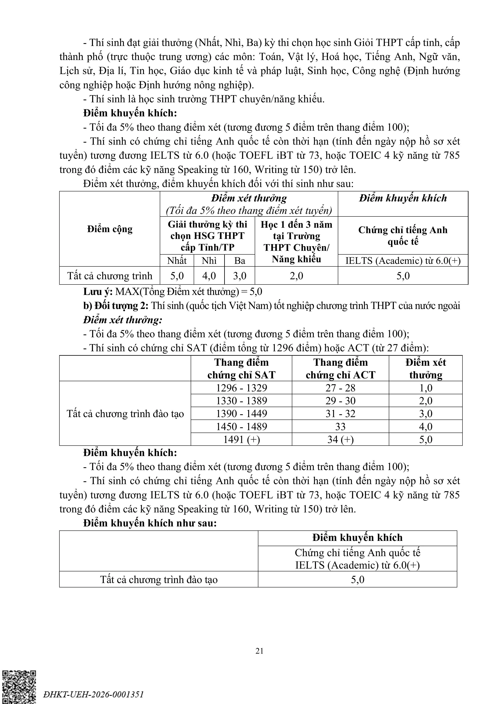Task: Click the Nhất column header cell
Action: pos(177,261)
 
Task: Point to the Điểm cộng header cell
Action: pos(110,229)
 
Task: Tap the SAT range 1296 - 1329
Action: pos(241,388)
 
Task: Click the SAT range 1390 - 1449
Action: pos(241,414)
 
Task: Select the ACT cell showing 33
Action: pos(340,427)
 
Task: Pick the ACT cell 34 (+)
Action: pos(340,439)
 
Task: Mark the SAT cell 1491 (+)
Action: pos(241,439)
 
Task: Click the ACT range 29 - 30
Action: pos(340,401)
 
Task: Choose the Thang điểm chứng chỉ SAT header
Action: pos(241,369)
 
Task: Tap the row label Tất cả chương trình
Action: pos(110,276)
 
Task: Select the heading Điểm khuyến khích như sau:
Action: pos(150,523)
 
